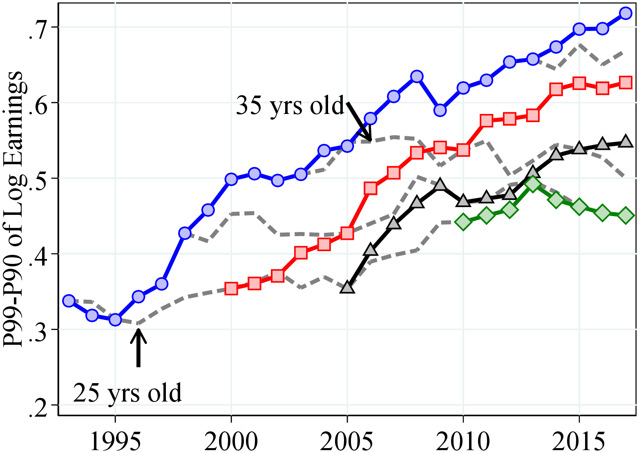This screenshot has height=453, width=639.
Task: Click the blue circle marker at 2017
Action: [626, 13]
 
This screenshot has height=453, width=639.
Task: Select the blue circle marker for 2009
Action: [440, 110]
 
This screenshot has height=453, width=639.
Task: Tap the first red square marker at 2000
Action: [231, 289]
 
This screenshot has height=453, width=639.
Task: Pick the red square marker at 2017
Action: [626, 83]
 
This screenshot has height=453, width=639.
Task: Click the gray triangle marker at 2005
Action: [347, 288]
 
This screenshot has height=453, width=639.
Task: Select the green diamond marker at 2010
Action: [463, 222]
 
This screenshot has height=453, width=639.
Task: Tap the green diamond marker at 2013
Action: [533, 184]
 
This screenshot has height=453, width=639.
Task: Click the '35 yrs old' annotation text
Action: [290, 106]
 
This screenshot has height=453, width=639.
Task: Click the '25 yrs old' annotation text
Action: [127, 393]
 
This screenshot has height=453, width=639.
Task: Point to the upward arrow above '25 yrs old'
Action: [139, 347]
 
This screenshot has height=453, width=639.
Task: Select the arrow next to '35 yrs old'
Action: [359, 121]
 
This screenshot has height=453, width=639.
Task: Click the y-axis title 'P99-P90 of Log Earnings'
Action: [13, 208]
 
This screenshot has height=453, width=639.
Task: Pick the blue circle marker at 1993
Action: [69, 301]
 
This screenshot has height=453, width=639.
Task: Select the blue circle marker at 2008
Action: [417, 76]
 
